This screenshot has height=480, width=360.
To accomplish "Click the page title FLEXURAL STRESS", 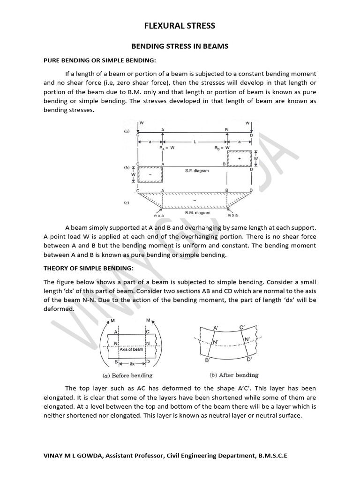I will pyautogui.click(x=180, y=26).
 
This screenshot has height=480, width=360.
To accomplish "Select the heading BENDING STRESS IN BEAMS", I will pyautogui.click(x=180, y=46).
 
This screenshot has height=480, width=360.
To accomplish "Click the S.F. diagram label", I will pyautogui.click(x=197, y=171).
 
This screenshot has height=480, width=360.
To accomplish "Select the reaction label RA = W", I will pyautogui.click(x=167, y=147).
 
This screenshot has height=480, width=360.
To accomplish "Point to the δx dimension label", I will pyautogui.click(x=133, y=364).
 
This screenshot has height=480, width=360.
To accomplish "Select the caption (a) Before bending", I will pyautogui.click(x=127, y=375).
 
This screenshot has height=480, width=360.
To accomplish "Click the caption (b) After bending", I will pyautogui.click(x=233, y=375).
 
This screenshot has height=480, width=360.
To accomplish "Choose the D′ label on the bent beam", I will pyautogui.click(x=249, y=360).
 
